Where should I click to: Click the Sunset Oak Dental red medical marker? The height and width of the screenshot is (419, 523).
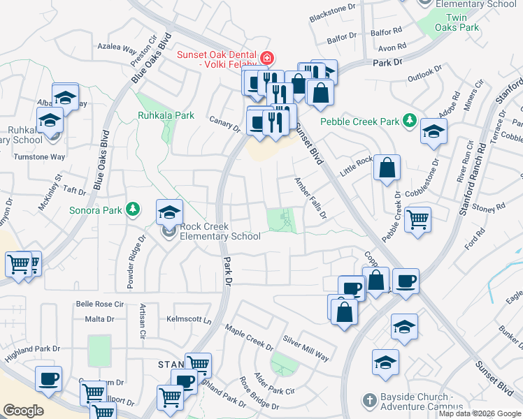coord(266,57)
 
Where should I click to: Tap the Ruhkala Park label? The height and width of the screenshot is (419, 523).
coord(166,115)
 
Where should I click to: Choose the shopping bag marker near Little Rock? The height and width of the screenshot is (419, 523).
coord(387,168)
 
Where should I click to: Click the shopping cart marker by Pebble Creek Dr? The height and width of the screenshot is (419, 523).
coord(417,219)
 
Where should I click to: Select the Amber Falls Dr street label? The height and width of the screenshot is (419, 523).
coord(310,198)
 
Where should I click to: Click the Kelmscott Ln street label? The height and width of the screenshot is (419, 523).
coord(188,319)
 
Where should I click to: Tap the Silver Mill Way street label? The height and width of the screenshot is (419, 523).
coord(306,348)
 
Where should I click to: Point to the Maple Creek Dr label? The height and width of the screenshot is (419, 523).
coord(249,336)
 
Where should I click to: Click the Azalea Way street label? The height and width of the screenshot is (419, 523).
coord(117,50)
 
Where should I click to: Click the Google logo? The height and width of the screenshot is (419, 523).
coord(23,411)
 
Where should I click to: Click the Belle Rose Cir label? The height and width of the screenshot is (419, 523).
coord(99,304)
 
